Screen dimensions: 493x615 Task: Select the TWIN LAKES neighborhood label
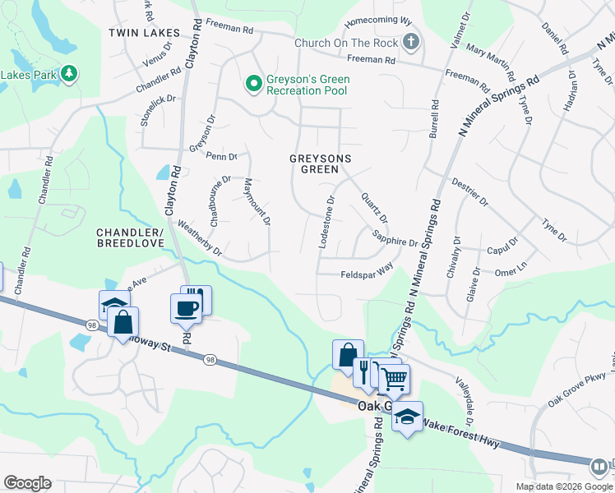(x=144, y=32)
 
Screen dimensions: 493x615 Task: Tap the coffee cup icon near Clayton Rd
(x=185, y=309)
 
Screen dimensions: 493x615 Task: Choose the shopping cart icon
(x=394, y=379)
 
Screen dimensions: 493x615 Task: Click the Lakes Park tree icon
(x=69, y=74)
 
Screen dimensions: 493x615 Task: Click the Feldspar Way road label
(x=367, y=275)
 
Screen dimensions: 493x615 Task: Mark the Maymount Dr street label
(x=257, y=203)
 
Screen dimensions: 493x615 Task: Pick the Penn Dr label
(x=221, y=155)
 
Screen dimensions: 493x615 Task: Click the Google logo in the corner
(x=27, y=483)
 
